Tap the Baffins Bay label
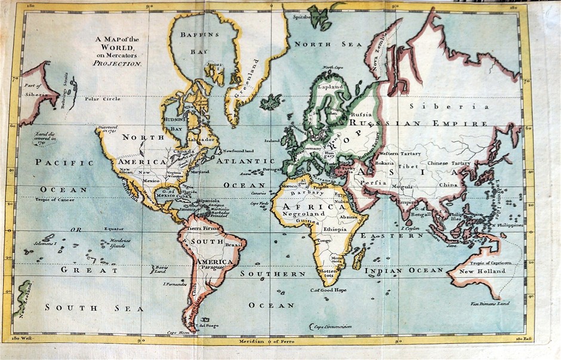(x=200, y=43)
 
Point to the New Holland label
(x=482, y=271)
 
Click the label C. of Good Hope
(x=328, y=290)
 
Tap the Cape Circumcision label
(x=332, y=326)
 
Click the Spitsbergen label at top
(x=307, y=17)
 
